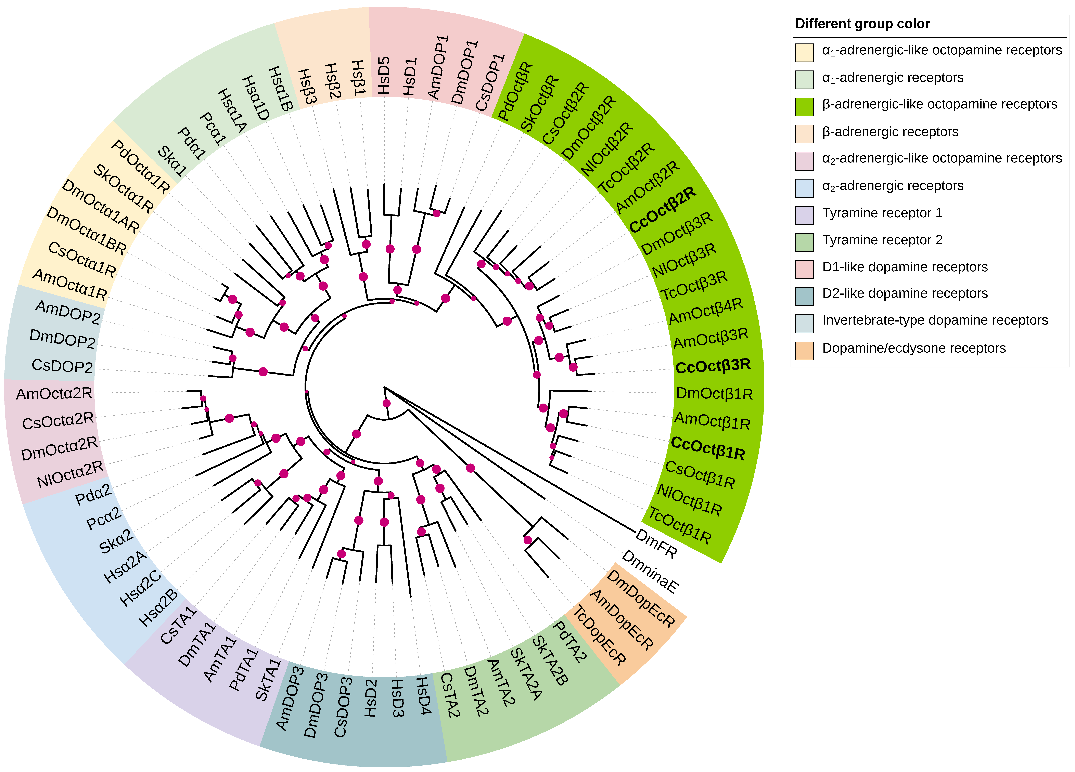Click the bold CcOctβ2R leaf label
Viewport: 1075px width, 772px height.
pyautogui.click(x=663, y=209)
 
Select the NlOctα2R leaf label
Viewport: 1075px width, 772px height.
pyautogui.click(x=70, y=474)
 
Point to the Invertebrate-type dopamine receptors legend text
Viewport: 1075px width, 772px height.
pyautogui.click(x=935, y=320)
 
